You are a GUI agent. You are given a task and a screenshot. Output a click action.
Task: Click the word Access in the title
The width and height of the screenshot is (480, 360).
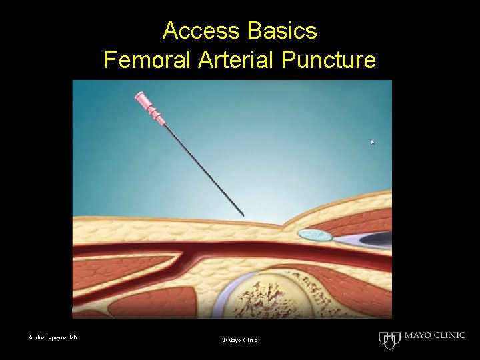click(196, 31)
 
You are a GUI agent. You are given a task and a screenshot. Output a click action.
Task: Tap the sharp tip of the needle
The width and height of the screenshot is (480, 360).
click(243, 215)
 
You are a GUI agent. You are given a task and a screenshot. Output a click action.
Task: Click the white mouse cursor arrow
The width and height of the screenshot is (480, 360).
click(373, 142)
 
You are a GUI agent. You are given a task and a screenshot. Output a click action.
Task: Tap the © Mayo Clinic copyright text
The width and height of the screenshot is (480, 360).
click(239, 341)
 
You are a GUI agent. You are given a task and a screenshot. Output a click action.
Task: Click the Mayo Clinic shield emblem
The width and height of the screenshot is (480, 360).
click(388, 339)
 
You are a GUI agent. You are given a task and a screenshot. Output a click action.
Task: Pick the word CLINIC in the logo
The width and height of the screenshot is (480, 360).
click(448, 335)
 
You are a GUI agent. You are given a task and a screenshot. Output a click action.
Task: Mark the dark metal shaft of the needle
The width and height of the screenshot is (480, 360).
click(200, 167)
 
